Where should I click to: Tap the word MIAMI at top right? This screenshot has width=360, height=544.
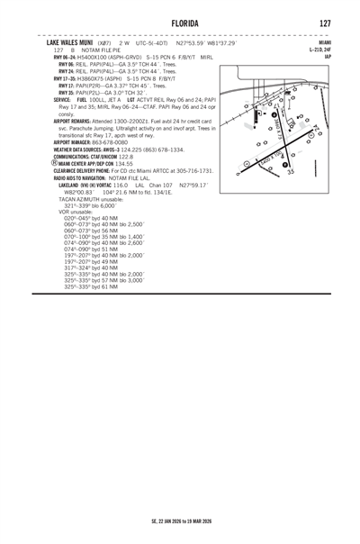pos(324,42)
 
